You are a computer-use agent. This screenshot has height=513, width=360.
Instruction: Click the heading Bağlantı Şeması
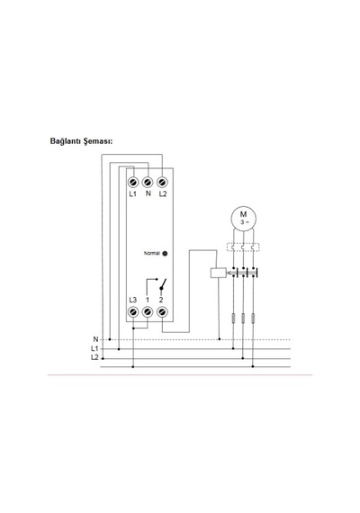pos(81,141)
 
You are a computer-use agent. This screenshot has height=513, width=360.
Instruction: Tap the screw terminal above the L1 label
pos(133,182)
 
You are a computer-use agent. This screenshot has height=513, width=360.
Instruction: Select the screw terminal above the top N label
pos(148,182)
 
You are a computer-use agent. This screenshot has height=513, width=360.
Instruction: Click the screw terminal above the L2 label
pos(162,182)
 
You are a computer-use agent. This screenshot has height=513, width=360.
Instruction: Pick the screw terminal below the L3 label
pos(133,311)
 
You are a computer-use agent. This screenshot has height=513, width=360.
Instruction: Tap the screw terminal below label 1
pos(148,311)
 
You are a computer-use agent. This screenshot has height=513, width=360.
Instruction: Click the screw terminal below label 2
pos(162,311)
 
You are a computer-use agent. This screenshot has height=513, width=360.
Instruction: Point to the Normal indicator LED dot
pos(165,253)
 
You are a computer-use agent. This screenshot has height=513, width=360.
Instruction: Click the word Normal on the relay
pos(152,253)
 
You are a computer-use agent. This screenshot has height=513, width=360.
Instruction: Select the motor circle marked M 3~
pos(244,218)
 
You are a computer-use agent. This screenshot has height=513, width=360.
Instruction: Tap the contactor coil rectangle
pos(219,273)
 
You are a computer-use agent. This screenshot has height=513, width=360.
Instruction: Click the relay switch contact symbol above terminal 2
pos(163,284)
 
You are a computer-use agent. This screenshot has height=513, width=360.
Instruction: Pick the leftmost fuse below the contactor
pos(233,318)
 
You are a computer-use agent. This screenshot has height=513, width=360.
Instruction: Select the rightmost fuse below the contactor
pos(253,318)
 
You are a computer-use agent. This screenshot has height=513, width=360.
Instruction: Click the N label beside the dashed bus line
pos(95,339)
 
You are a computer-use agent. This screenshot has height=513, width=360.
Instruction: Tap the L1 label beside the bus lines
pos(94,349)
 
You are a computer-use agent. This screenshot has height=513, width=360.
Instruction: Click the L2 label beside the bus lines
pos(94,357)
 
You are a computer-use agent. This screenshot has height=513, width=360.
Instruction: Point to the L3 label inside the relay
pos(133,300)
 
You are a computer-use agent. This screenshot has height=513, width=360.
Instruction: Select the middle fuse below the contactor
pos(243,318)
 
